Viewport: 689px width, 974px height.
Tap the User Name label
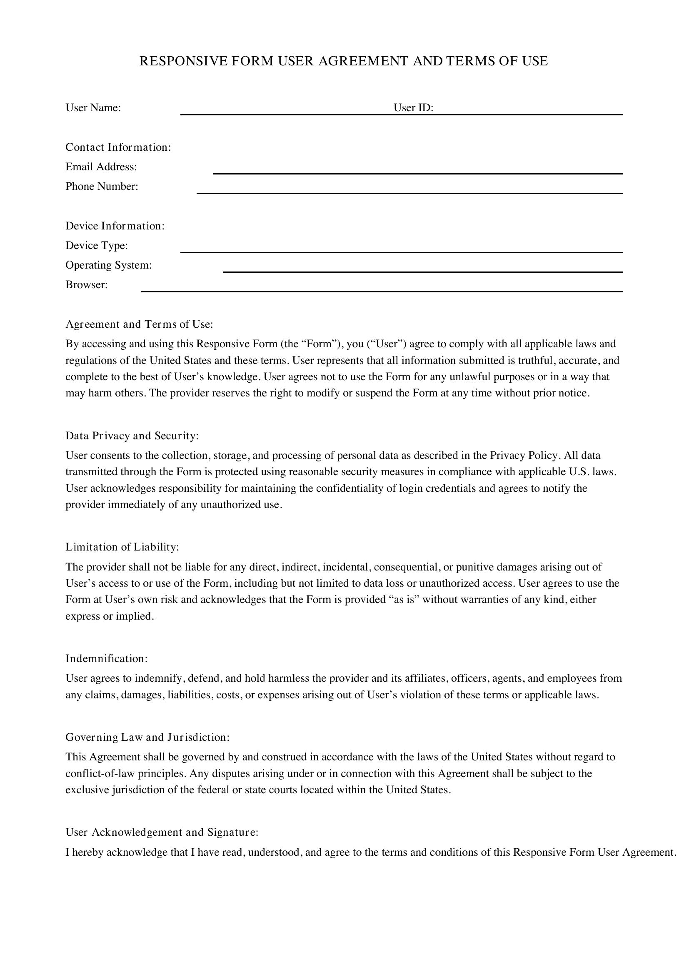93,108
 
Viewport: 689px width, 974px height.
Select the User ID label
413,108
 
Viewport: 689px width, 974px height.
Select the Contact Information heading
118,147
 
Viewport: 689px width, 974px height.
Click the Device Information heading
115,226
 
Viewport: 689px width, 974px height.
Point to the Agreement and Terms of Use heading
139,324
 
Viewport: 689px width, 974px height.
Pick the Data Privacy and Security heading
132,436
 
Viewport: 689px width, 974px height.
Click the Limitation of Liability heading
122,547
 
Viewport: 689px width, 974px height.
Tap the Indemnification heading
107,658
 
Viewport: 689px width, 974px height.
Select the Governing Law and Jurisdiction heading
147,737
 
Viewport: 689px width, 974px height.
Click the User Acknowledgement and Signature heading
162,832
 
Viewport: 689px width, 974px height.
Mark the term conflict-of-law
100,773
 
